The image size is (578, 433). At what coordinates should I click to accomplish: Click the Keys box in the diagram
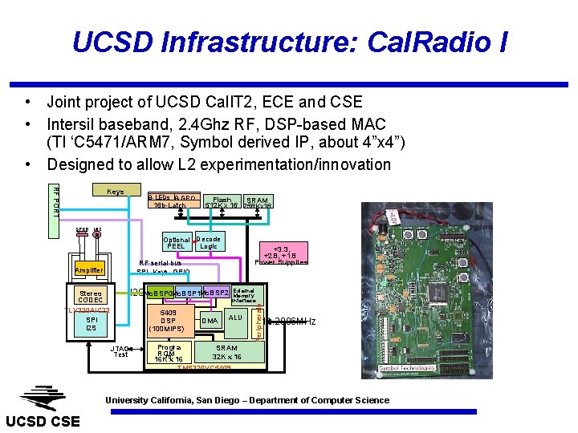click(x=115, y=192)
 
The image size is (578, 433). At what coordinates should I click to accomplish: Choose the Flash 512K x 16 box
click(x=221, y=203)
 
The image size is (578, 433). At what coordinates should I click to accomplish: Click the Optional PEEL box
click(x=176, y=243)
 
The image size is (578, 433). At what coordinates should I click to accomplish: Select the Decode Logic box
click(x=208, y=242)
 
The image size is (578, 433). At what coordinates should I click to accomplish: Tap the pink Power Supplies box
click(x=281, y=255)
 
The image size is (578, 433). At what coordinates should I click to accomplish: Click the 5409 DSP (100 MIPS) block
click(x=169, y=321)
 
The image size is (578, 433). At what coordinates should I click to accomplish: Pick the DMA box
click(x=210, y=321)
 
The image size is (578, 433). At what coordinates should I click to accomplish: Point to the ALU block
click(x=235, y=318)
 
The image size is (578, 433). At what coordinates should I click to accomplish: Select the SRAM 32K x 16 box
click(x=227, y=353)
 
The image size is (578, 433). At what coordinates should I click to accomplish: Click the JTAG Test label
click(x=120, y=350)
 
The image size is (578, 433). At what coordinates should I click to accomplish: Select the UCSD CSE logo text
click(x=43, y=421)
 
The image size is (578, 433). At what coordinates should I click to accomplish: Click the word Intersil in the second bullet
click(x=76, y=124)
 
